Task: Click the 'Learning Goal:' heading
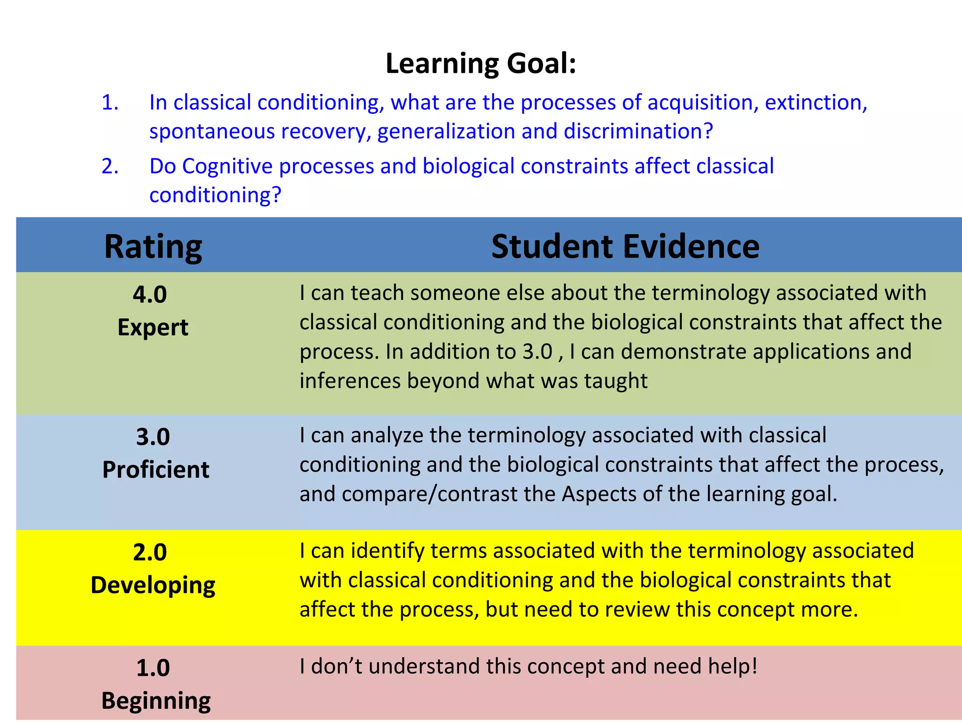[481, 63]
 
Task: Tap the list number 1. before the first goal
[110, 102]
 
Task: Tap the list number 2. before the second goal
[110, 166]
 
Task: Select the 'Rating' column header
[153, 247]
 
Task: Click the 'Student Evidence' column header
[625, 247]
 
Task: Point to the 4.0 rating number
[150, 295]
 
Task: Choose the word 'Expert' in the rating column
[153, 327]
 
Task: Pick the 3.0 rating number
[153, 437]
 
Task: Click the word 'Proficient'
[155, 470]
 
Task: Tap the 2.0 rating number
[150, 552]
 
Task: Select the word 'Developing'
[153, 586]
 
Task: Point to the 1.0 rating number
[153, 668]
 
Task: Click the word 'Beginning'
[156, 701]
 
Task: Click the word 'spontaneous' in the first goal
[212, 132]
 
